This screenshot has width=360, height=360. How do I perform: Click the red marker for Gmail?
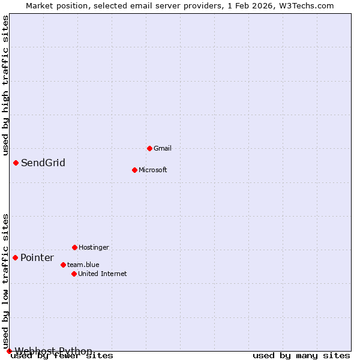[x=149, y=148]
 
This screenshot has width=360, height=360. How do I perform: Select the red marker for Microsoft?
[x=134, y=170]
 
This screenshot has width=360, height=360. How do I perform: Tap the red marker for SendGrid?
[x=16, y=163]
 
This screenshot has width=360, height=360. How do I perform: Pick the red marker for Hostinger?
[x=74, y=247]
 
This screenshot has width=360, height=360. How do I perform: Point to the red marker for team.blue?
[x=63, y=265]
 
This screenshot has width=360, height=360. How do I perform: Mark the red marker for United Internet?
[x=74, y=274]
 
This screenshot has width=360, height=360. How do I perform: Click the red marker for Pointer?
[x=15, y=257]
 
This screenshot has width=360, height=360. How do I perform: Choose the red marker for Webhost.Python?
[x=9, y=351]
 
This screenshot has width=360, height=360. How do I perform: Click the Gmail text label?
[x=163, y=148]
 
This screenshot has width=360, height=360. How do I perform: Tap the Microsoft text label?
[x=153, y=170]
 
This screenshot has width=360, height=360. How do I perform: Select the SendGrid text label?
[x=43, y=163]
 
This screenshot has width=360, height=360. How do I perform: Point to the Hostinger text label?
[x=94, y=247]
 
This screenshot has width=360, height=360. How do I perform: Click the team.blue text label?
[x=83, y=265]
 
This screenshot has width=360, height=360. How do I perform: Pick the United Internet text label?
[x=103, y=274]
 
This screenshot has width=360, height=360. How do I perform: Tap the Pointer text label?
[x=37, y=258]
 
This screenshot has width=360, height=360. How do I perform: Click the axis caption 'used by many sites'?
[x=301, y=356]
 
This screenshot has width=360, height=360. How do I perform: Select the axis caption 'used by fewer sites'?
[x=62, y=356]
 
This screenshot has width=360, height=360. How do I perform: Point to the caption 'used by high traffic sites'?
[x=6, y=86]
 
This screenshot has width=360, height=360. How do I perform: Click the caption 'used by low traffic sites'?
[x=6, y=281]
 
